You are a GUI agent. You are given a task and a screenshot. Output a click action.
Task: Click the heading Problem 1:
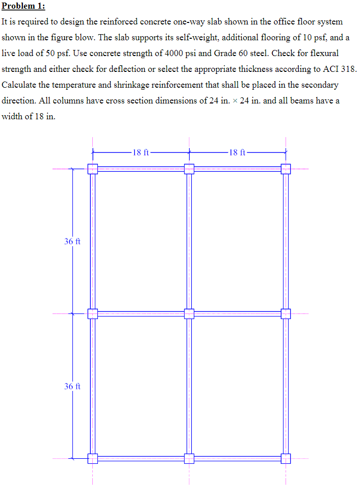tap(23, 6)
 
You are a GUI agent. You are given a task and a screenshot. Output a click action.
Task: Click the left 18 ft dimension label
tap(140, 152)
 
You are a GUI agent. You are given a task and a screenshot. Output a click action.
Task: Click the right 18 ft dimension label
tap(238, 152)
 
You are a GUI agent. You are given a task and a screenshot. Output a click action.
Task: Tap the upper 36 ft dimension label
tap(72, 242)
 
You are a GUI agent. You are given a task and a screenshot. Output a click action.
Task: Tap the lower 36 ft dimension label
tap(72, 386)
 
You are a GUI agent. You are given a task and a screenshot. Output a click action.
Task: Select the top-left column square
tap(92, 169)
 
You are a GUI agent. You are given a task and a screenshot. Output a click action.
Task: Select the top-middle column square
tap(189, 169)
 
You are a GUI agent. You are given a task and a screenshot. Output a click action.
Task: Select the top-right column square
tap(286, 169)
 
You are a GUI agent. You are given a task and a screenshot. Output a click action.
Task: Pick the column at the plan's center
tap(189, 313)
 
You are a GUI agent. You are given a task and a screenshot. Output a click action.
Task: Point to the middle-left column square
tap(92, 313)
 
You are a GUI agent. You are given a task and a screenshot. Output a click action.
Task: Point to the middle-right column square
tap(286, 313)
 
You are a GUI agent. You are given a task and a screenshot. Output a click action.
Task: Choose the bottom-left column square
tap(92, 458)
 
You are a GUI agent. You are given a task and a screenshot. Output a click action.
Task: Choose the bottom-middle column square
tap(189, 458)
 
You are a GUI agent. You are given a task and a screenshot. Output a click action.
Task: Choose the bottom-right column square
tap(286, 458)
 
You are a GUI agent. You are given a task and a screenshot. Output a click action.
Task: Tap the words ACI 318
tap(339, 69)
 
